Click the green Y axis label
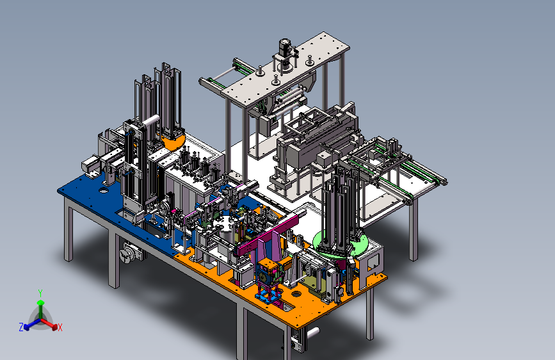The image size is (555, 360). pyautogui.click(x=40, y=293)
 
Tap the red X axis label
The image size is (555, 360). pyautogui.click(x=60, y=327)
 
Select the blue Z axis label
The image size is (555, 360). pyautogui.click(x=21, y=327)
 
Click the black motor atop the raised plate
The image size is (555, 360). pyautogui.click(x=285, y=47)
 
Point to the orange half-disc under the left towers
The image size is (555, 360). pyautogui.click(x=173, y=142)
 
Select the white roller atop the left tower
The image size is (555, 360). pyautogui.click(x=150, y=120)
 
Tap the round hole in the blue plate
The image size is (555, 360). pyautogui.click(x=103, y=191)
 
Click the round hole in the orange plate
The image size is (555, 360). pyautogui.click(x=296, y=293)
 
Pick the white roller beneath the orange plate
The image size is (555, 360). pyautogui.click(x=313, y=332)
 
